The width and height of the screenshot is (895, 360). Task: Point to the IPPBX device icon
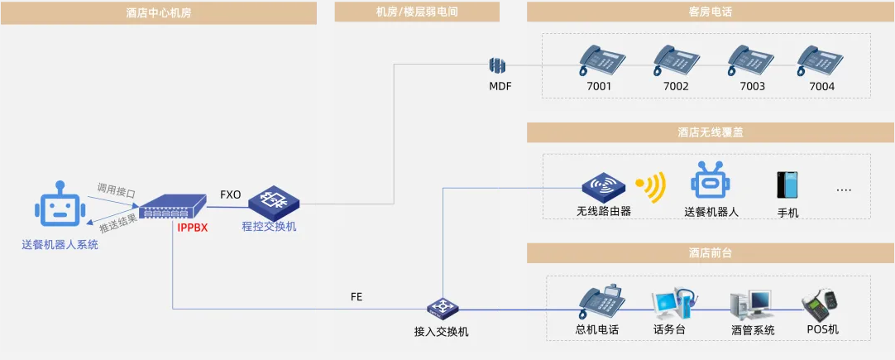click(x=172, y=206)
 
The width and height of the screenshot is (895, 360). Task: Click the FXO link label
click(x=231, y=195)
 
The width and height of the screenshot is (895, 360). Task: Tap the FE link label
click(x=357, y=296)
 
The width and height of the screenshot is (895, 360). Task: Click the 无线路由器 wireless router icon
click(x=602, y=187)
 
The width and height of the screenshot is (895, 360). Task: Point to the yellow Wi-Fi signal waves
click(x=651, y=188)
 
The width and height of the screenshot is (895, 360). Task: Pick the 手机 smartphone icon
click(x=787, y=185)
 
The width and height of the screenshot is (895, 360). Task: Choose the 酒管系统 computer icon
click(x=750, y=306)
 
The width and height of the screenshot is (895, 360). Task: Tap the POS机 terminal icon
click(x=821, y=305)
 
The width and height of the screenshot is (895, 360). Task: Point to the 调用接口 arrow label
click(x=116, y=191)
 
